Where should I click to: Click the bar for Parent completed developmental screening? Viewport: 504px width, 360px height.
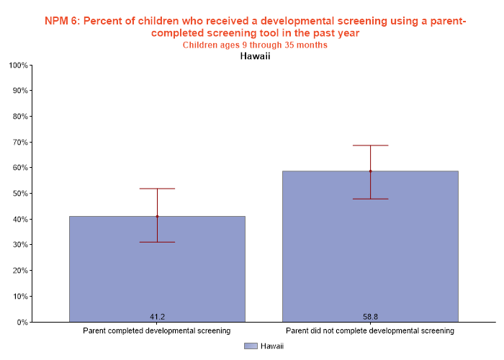tap(157, 274)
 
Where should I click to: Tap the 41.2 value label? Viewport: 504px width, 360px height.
tap(157, 317)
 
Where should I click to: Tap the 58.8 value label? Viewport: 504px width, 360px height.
tap(370, 317)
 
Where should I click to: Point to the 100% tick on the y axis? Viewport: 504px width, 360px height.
tap(19, 66)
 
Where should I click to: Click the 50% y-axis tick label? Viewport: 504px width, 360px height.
tap(20, 194)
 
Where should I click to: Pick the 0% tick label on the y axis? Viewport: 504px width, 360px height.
tap(22, 322)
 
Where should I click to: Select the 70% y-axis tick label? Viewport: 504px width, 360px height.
tap(20, 143)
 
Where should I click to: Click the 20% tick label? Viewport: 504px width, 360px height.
tap(20, 271)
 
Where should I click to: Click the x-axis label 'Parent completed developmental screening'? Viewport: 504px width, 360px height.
tap(157, 331)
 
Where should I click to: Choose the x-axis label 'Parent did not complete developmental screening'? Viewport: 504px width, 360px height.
tap(370, 331)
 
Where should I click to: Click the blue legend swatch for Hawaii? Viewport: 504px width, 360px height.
tap(251, 346)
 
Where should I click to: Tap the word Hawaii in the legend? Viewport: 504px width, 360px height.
tap(271, 346)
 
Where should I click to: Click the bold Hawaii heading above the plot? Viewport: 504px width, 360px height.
tap(255, 56)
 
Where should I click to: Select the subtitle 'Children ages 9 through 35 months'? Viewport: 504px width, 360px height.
tap(255, 45)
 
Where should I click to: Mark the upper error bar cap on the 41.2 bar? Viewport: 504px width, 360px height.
tap(157, 189)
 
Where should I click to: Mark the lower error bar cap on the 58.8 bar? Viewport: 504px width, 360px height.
tap(370, 199)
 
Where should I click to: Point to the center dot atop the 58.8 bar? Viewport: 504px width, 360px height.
tap(370, 171)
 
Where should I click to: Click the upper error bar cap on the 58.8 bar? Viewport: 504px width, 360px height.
tap(370, 145)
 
